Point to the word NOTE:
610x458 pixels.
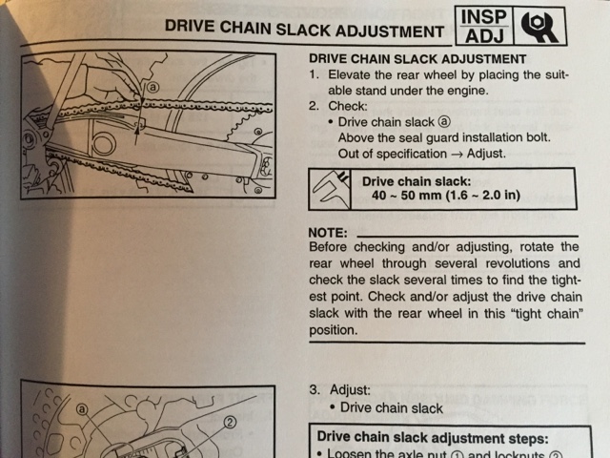pyautogui.click(x=330, y=233)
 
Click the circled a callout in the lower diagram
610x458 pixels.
pyautogui.click(x=83, y=408)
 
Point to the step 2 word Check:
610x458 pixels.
pyautogui.click(x=347, y=107)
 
